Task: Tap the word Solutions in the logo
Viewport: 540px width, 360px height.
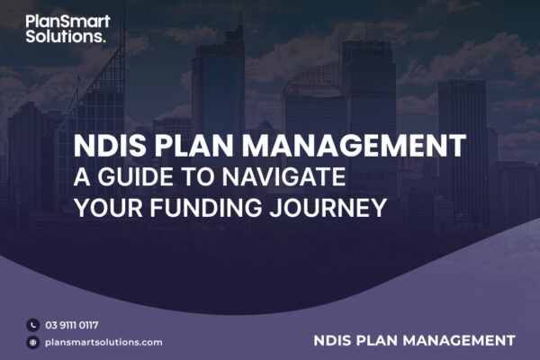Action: (x=64, y=36)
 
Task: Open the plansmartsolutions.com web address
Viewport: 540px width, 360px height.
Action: (x=103, y=342)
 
